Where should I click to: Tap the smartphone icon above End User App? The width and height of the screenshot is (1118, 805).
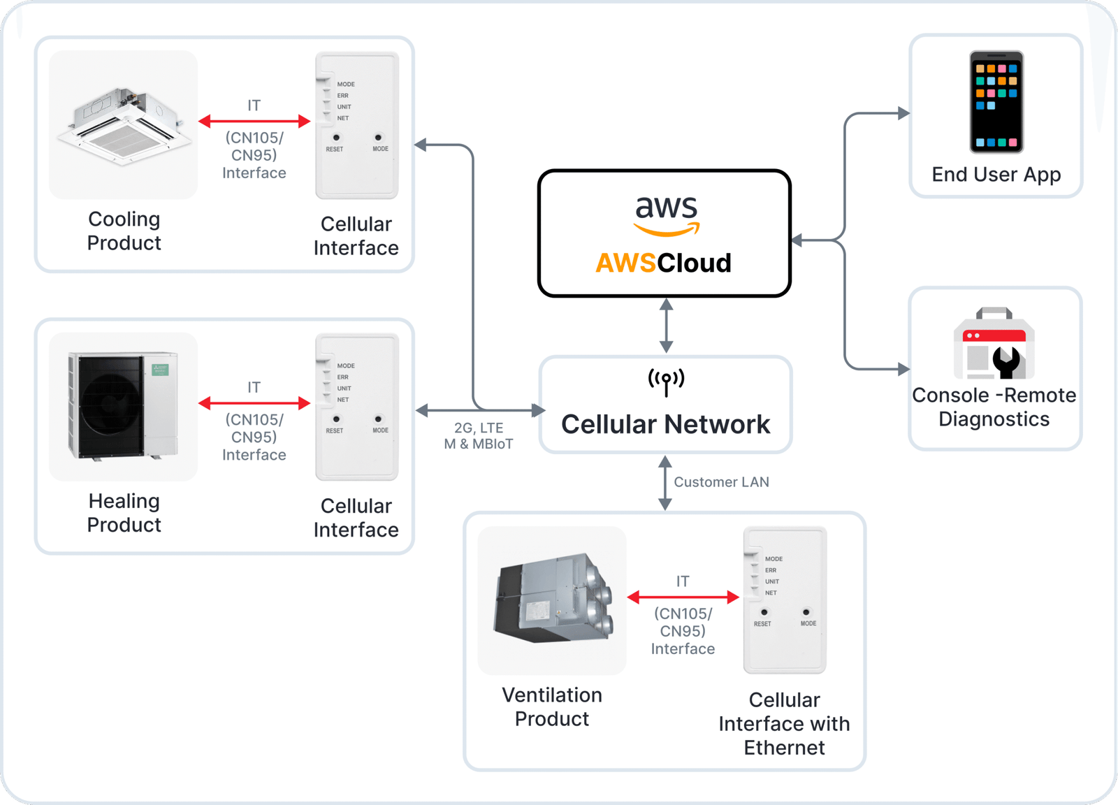click(996, 102)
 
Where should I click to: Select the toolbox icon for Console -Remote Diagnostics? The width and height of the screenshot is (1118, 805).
click(994, 344)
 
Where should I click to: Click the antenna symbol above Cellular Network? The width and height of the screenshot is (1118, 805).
click(666, 382)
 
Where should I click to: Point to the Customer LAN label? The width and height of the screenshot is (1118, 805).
click(721, 482)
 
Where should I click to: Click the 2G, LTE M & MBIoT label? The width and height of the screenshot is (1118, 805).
click(479, 436)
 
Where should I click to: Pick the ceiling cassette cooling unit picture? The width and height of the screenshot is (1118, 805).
click(124, 125)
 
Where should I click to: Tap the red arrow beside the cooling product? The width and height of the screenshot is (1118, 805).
click(254, 122)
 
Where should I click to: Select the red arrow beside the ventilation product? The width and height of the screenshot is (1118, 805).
click(683, 597)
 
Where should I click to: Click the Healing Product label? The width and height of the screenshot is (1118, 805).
click(124, 513)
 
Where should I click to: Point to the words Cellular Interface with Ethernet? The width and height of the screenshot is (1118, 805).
click(784, 724)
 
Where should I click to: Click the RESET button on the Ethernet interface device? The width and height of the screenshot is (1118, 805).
click(764, 613)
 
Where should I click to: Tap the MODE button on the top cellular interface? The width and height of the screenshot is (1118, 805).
click(379, 138)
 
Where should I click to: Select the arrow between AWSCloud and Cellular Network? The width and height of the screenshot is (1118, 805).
click(666, 326)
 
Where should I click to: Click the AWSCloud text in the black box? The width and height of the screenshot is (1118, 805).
click(663, 263)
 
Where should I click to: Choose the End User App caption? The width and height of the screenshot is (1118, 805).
click(996, 175)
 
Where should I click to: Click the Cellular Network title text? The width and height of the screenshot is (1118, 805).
click(665, 425)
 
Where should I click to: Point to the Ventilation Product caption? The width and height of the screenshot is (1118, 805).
click(552, 707)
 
